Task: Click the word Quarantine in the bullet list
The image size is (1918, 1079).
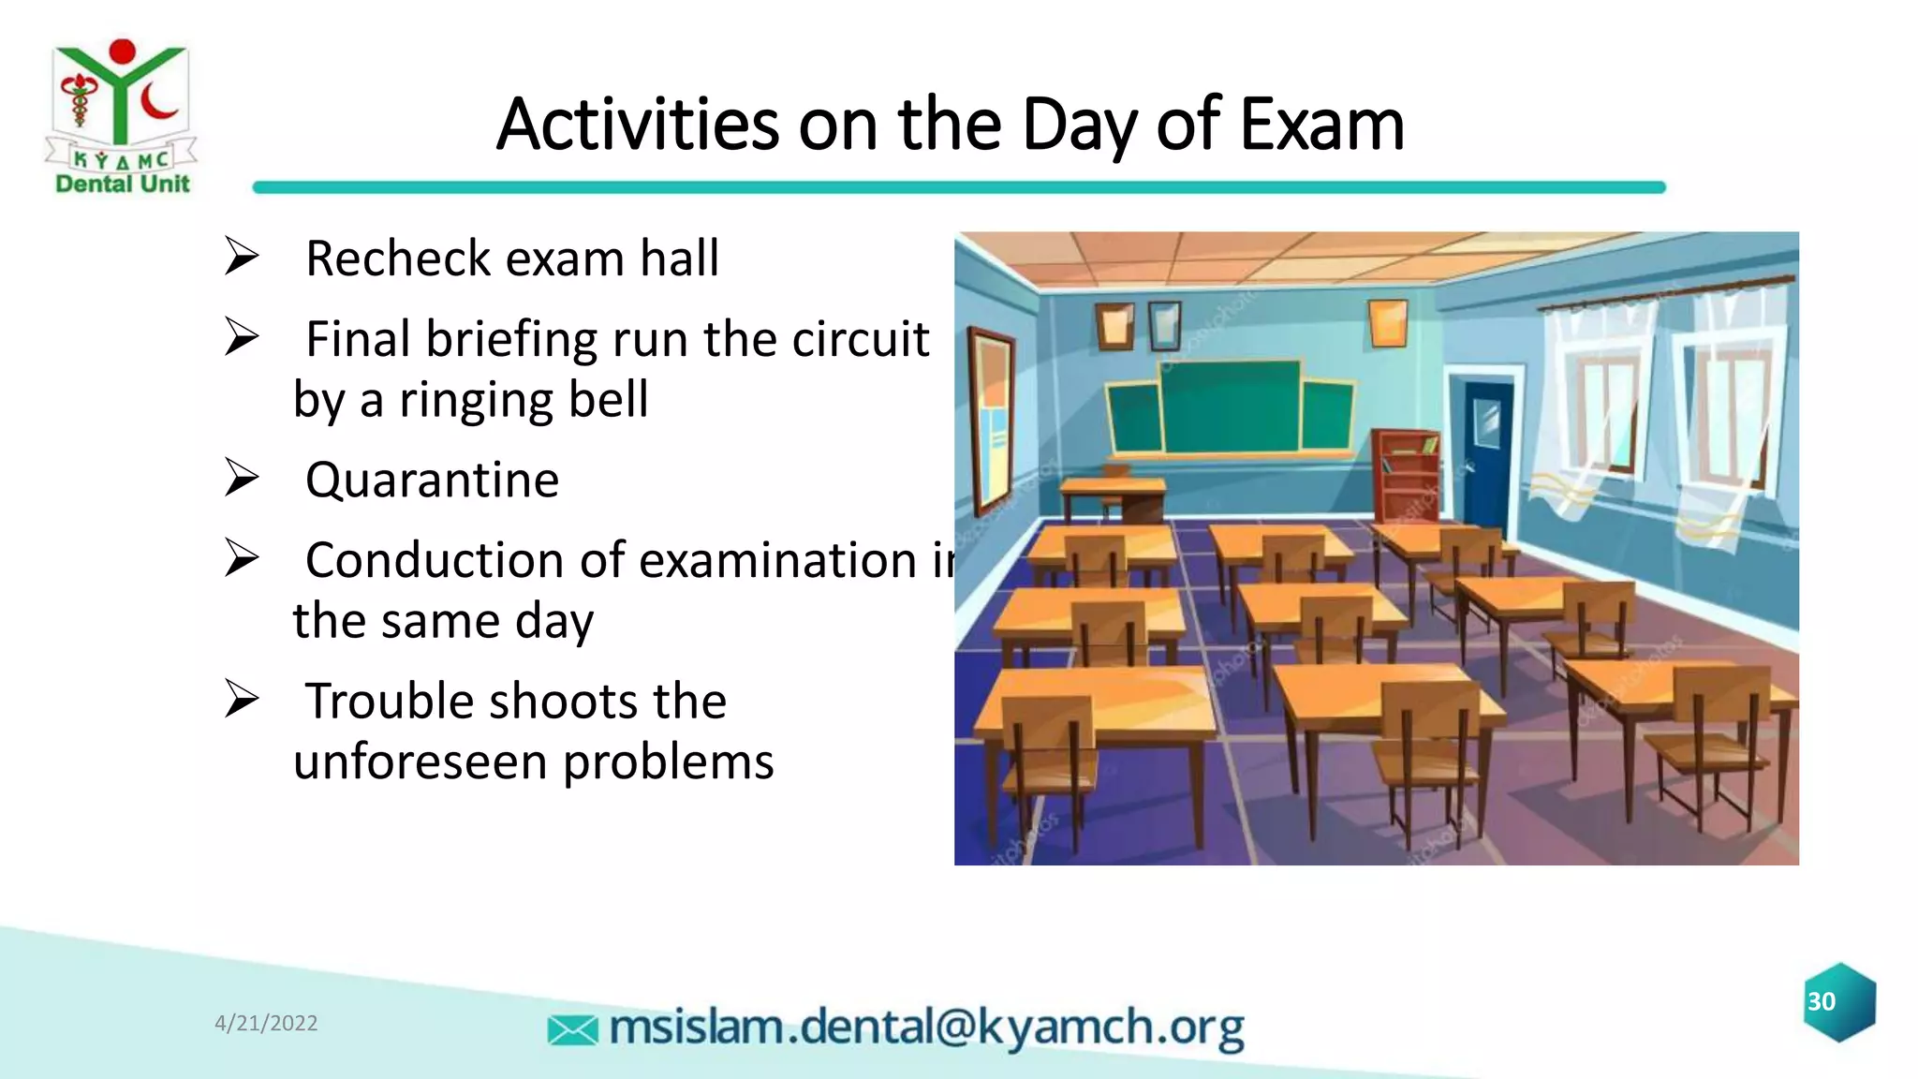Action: (432, 480)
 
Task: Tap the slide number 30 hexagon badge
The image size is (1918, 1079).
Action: (1839, 1002)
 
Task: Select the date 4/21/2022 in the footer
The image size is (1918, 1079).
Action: (266, 1023)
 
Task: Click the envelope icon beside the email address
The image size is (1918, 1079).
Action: (572, 1030)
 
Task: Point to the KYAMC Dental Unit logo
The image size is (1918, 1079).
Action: (121, 117)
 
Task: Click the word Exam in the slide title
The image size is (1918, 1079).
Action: (1321, 125)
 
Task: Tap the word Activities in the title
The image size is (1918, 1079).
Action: (637, 125)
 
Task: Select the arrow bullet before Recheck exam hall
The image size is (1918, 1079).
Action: (242, 258)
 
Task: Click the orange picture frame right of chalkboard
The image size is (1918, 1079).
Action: (1387, 323)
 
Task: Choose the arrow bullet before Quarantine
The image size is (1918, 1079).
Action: (242, 479)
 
